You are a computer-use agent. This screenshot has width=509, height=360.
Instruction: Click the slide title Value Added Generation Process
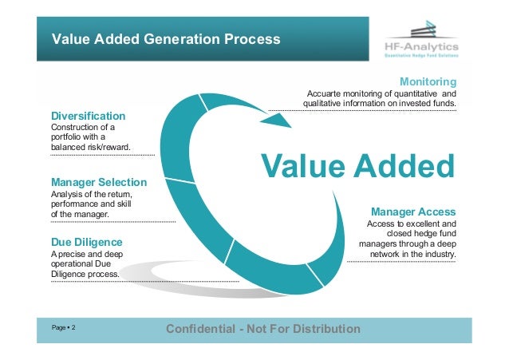(x=166, y=38)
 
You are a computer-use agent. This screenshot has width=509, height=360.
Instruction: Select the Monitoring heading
(x=428, y=82)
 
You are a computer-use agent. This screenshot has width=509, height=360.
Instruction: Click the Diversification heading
(x=88, y=116)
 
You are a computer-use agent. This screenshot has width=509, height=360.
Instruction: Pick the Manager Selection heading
(x=98, y=182)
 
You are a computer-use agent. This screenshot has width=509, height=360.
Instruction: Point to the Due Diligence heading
(x=86, y=240)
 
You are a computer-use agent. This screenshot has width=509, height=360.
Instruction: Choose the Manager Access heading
(x=413, y=212)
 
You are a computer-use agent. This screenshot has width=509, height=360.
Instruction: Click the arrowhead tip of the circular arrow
(x=289, y=125)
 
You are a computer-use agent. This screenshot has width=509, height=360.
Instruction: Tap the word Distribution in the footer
(x=326, y=329)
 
